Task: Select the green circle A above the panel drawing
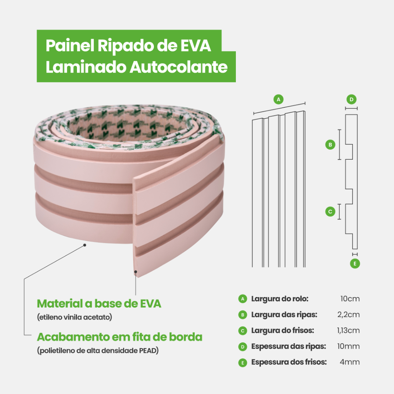[x=279, y=99]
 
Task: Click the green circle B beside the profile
[x=330, y=145]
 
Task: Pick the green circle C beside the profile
[x=330, y=211]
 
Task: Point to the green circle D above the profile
[x=351, y=99]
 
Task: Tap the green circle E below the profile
[x=355, y=264]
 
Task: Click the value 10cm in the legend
[x=350, y=299]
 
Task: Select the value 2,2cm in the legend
[x=349, y=315]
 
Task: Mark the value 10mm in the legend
[x=348, y=346]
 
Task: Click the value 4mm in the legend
[x=350, y=362]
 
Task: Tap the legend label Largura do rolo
[x=280, y=299]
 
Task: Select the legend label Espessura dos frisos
[x=289, y=362]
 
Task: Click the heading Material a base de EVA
[x=99, y=304]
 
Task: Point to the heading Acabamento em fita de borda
[x=119, y=337]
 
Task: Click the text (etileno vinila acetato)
[x=74, y=317]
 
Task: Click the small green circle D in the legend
[x=242, y=347]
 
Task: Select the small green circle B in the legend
[x=242, y=315]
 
